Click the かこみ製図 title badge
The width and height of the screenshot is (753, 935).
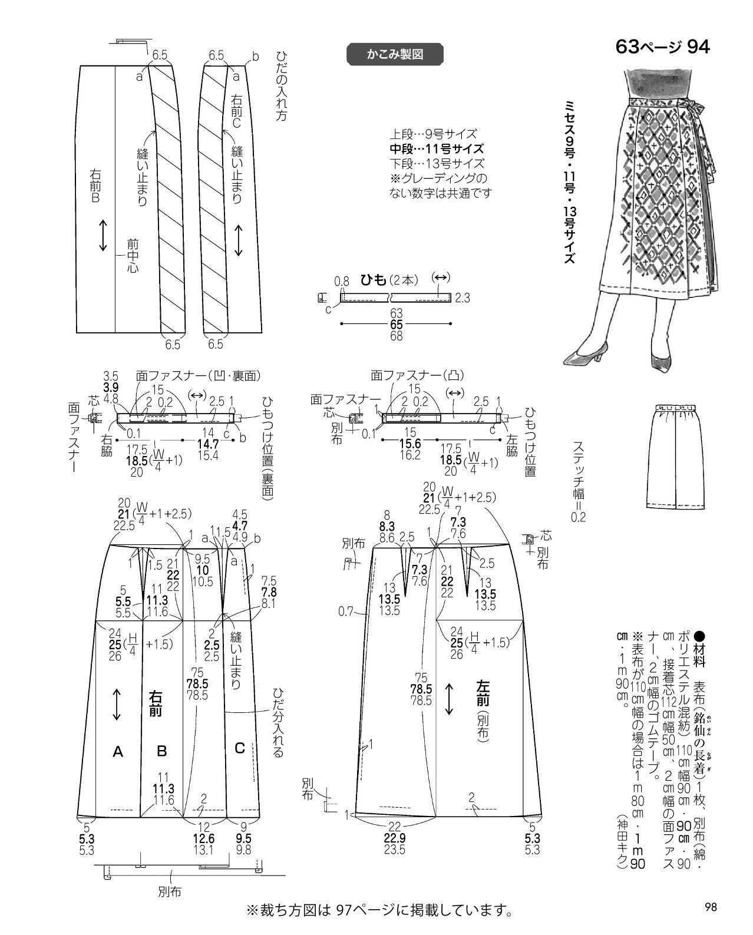[x=395, y=54]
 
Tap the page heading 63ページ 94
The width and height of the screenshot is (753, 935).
[x=663, y=47]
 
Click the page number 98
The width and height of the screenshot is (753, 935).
[x=711, y=907]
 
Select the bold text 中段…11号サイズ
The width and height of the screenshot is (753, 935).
[x=437, y=149]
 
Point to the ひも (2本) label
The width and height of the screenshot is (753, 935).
[x=389, y=280]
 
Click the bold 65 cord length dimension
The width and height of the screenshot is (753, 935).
[x=396, y=325]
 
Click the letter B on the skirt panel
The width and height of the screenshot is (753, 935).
[x=161, y=751]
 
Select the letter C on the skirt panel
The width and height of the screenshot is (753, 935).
[x=239, y=748]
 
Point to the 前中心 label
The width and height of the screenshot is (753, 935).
[x=133, y=256]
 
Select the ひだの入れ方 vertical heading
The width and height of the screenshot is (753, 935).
[x=282, y=87]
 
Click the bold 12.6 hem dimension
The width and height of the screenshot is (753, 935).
[x=204, y=838]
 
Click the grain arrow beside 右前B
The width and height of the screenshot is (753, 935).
[x=103, y=236]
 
